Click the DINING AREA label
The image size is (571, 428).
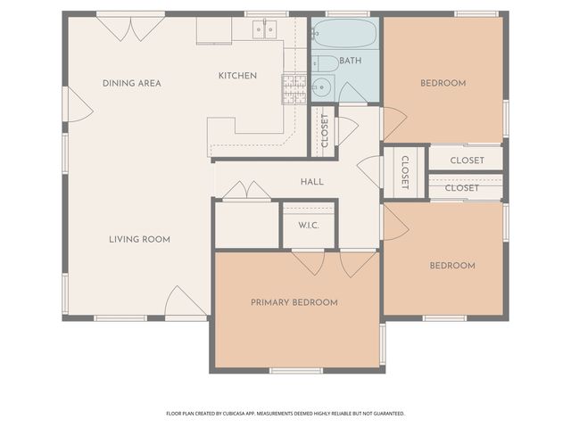pyautogui.click(x=131, y=83)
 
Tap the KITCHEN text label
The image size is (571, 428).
pyautogui.click(x=237, y=76)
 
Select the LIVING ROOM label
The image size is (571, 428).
pyautogui.click(x=139, y=239)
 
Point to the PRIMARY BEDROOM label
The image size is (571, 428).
pyautogui.click(x=294, y=302)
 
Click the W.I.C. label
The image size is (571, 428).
pyautogui.click(x=308, y=225)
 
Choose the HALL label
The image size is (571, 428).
pyautogui.click(x=311, y=182)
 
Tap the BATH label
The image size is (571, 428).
pyautogui.click(x=351, y=62)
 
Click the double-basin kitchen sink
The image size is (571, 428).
pyautogui.click(x=263, y=29)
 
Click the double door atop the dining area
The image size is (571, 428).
pyautogui.click(x=130, y=27)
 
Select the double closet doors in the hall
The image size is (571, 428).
pyautogui.click(x=246, y=191)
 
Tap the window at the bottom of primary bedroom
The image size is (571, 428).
pyautogui.click(x=295, y=370)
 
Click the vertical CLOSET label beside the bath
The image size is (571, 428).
pyautogui.click(x=324, y=131)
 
